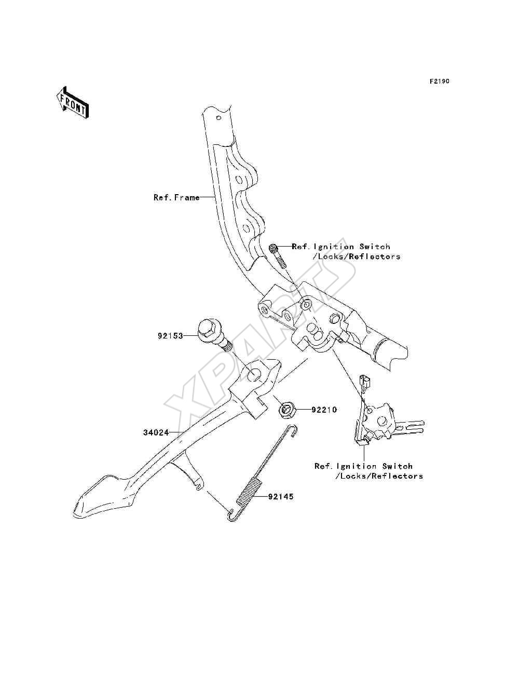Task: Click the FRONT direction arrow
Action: coord(73,103)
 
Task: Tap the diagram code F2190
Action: coord(439,82)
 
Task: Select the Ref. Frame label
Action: coord(176,197)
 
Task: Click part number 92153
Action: coord(170,336)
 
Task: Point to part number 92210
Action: coord(324,410)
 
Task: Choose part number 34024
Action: coord(156,432)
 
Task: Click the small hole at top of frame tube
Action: coord(218,118)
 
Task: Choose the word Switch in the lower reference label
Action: coord(397,466)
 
